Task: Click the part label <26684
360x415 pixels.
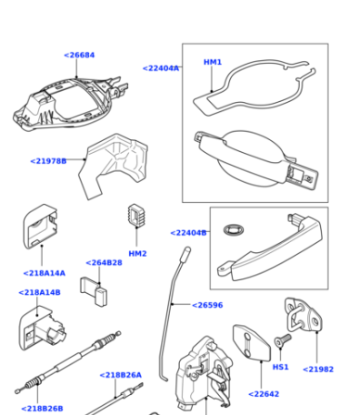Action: (79, 56)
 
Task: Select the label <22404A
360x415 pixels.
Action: (161, 68)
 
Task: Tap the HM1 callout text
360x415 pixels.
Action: (213, 62)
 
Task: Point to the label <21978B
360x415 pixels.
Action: (48, 161)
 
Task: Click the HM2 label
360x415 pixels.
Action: (137, 254)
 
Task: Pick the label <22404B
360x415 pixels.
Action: (188, 233)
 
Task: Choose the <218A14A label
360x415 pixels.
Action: (45, 273)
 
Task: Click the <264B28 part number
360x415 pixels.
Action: (104, 263)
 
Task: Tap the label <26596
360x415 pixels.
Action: (207, 305)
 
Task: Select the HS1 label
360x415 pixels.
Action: (281, 367)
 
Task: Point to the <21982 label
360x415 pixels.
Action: (318, 369)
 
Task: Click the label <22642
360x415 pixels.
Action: (264, 394)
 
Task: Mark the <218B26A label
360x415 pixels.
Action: (121, 375)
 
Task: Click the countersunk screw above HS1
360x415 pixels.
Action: (283, 340)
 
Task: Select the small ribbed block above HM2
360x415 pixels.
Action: (136, 215)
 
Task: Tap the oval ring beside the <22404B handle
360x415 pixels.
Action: (234, 229)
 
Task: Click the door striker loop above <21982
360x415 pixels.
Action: (303, 316)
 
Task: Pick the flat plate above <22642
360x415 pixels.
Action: (252, 343)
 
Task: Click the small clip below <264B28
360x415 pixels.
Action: (94, 291)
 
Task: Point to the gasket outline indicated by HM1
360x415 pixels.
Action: (255, 86)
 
